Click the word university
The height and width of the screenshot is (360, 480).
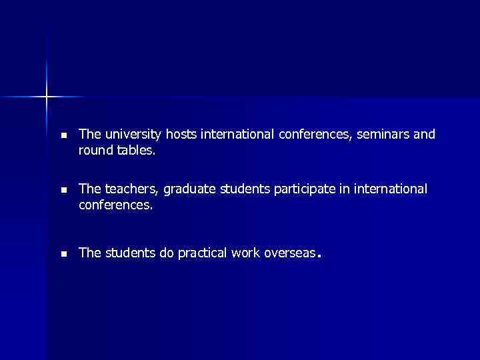point(132,135)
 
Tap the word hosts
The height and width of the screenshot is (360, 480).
point(182,135)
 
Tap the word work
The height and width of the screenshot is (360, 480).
point(251,253)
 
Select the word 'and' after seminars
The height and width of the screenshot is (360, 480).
point(424,135)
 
